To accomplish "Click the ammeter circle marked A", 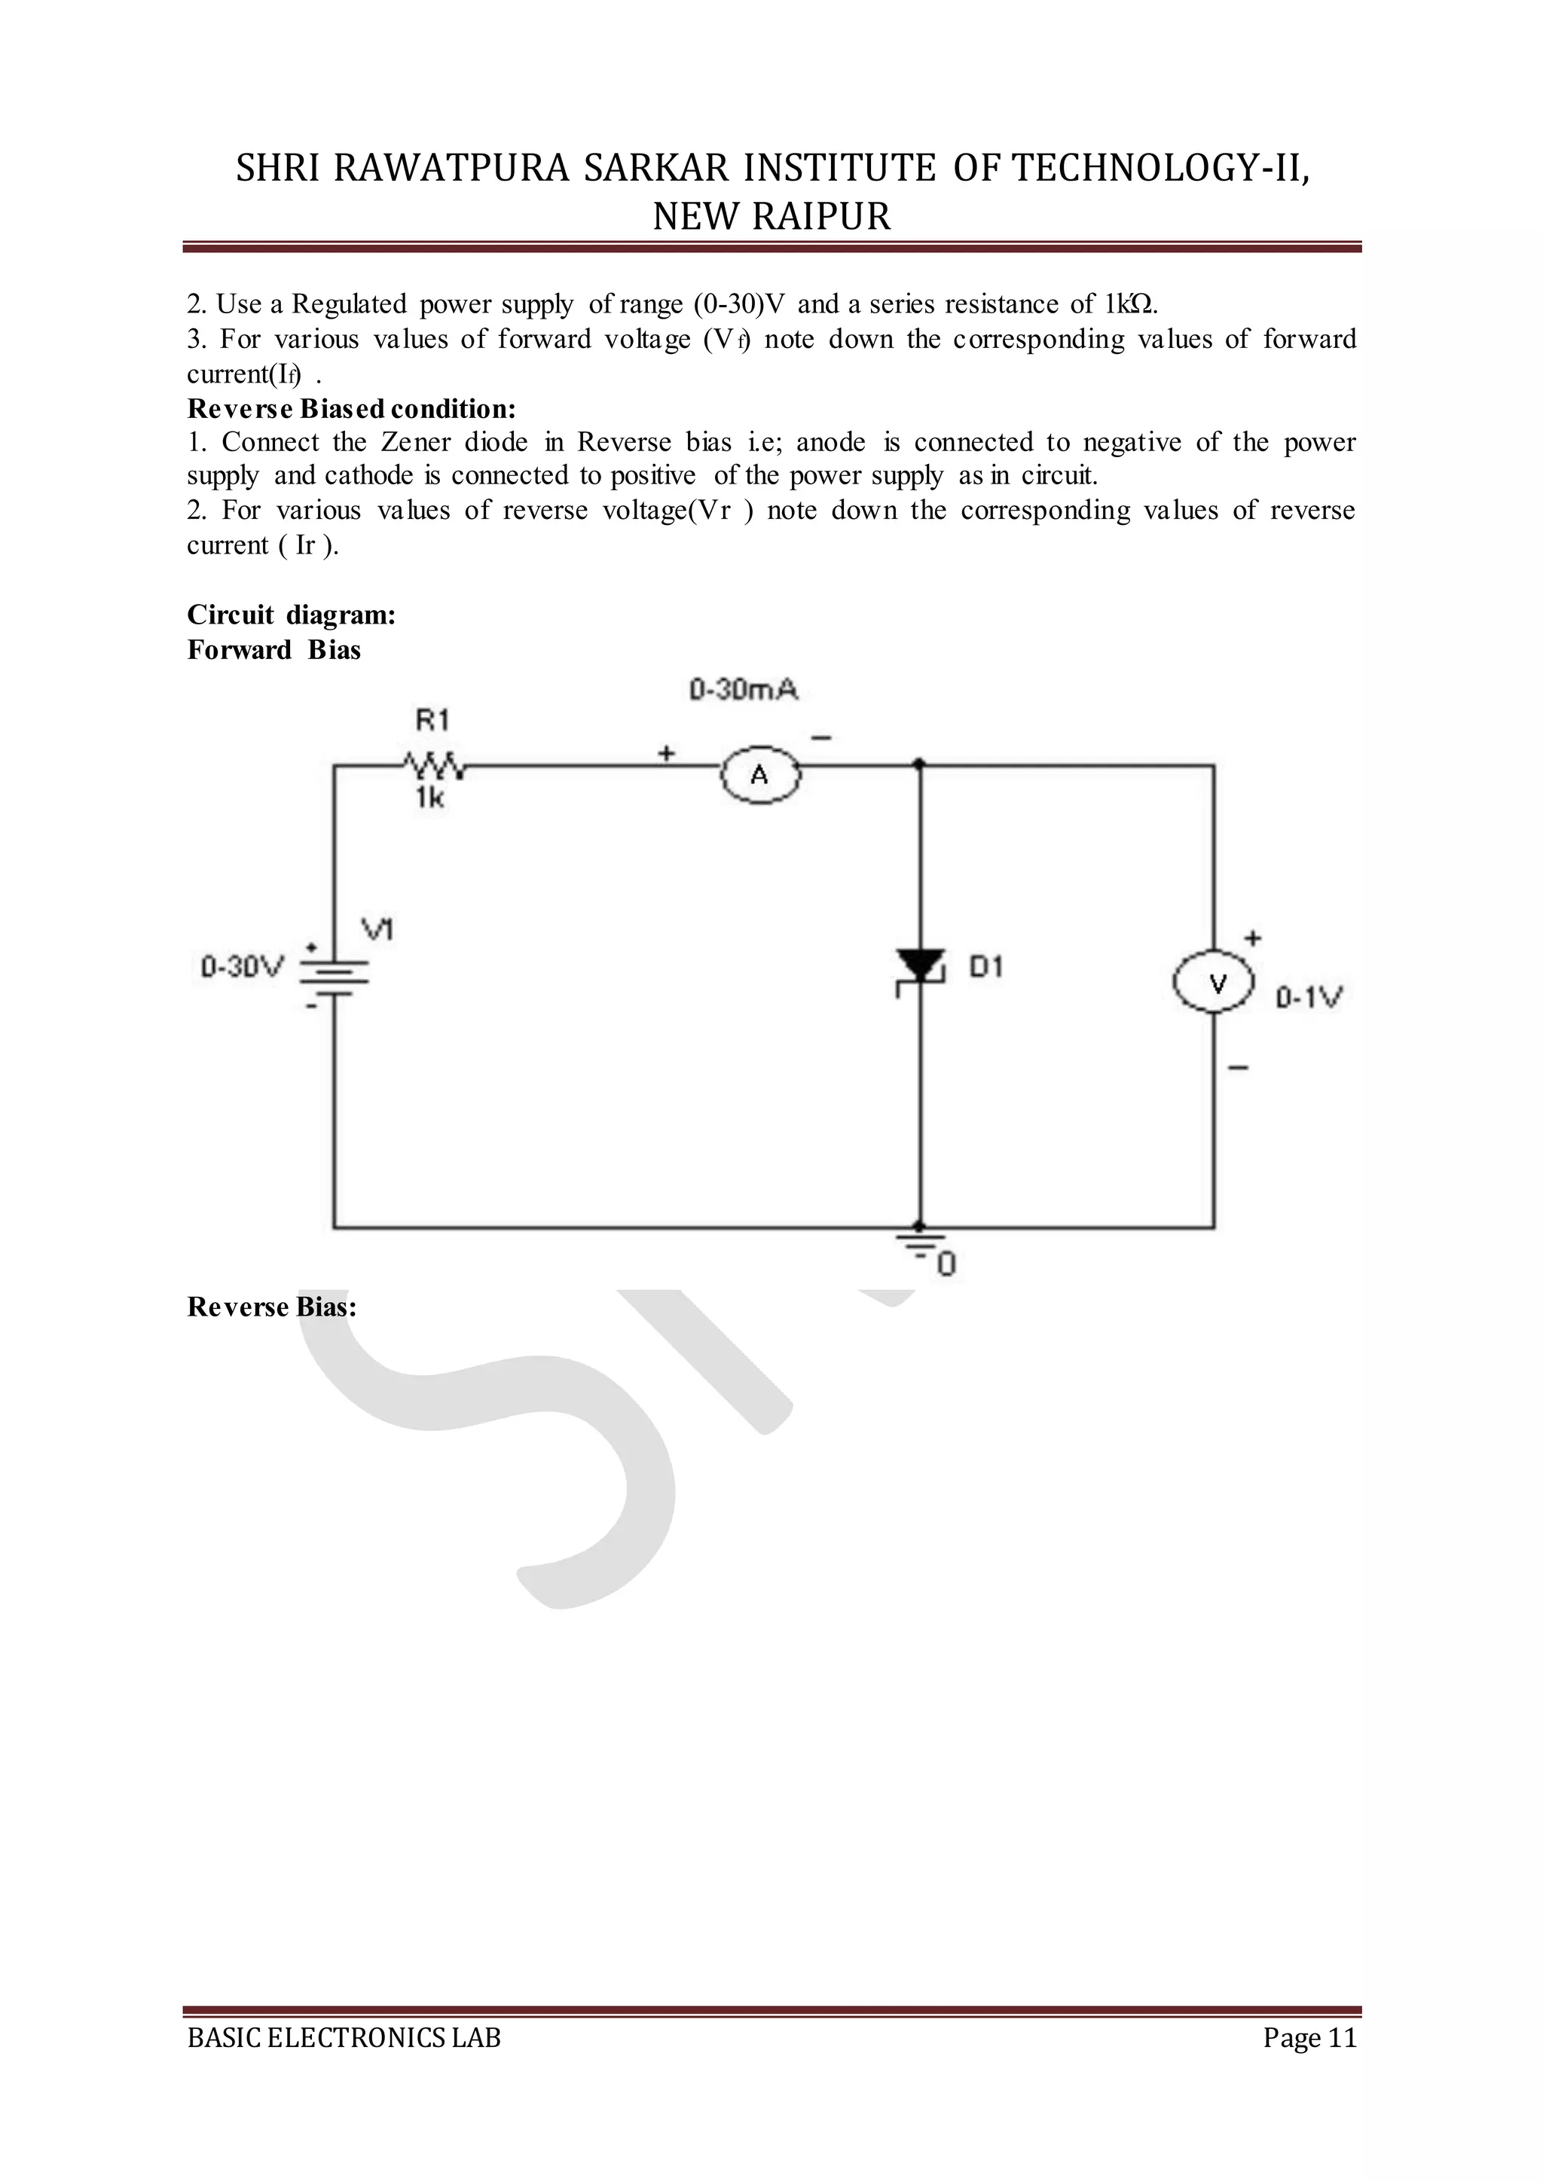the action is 760,776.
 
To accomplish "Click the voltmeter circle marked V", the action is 1215,984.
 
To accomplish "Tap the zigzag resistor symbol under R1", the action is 433,764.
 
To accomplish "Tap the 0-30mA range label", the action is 743,690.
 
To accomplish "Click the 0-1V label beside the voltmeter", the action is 1309,997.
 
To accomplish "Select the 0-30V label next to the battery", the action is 243,968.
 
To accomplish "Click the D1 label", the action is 985,967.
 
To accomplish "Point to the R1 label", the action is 432,720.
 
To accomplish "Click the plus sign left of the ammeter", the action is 667,753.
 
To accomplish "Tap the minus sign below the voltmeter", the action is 1238,1069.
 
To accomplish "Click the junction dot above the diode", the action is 918,764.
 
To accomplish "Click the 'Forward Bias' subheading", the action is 273,650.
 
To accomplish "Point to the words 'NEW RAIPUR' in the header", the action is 771,217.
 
